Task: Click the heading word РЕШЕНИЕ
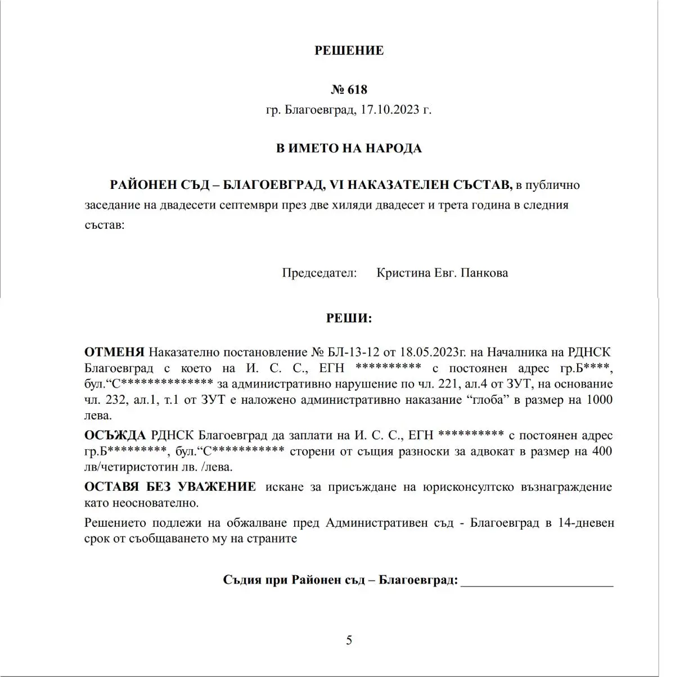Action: coord(349,51)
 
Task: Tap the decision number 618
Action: coord(357,89)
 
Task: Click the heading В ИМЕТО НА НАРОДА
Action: coord(349,148)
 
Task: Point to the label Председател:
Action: coord(319,273)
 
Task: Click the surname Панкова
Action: coord(484,273)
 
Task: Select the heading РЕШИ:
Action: coord(349,318)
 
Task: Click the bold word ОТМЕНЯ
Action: coord(114,353)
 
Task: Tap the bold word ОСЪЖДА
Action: coord(115,436)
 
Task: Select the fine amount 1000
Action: coord(600,400)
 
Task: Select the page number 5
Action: coord(349,640)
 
